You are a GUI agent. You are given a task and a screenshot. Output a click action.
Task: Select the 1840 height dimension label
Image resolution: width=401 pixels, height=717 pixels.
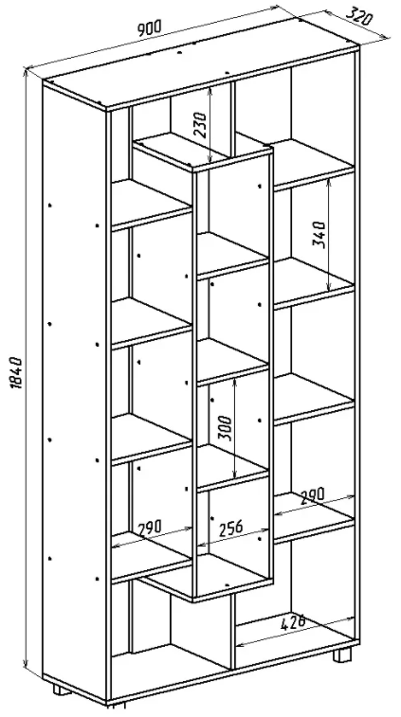click(x=17, y=372)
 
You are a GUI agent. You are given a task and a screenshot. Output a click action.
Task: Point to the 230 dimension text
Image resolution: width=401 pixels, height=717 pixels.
click(x=201, y=124)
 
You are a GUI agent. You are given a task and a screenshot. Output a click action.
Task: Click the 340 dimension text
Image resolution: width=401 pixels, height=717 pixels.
click(x=319, y=234)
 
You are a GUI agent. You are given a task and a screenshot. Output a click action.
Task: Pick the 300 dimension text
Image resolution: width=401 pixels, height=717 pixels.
click(x=225, y=428)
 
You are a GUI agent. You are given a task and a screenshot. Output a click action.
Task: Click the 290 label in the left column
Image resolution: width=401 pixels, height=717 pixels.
click(x=149, y=528)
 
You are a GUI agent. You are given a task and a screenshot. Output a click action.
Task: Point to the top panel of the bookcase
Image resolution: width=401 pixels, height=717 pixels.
click(x=201, y=63)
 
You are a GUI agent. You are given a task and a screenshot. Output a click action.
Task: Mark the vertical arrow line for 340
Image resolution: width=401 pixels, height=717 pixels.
click(x=329, y=234)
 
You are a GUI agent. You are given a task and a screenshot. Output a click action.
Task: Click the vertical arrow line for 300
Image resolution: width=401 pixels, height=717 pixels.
click(x=234, y=427)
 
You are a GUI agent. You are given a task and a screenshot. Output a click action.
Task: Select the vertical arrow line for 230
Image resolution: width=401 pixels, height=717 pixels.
click(x=210, y=124)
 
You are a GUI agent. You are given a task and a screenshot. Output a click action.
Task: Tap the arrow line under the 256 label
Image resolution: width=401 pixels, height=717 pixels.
click(x=233, y=537)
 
